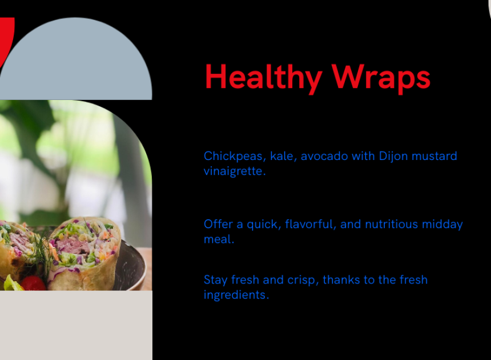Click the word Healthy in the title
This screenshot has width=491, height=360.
[263, 78]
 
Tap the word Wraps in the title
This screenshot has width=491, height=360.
[381, 78]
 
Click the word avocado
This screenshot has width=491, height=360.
[324, 156]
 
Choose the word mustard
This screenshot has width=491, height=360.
[434, 156]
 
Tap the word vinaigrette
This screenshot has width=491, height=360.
[235, 171]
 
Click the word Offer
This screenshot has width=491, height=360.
[218, 224]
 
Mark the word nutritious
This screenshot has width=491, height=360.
[392, 224]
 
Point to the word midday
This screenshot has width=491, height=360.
[442, 225]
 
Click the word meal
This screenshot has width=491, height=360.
[219, 239]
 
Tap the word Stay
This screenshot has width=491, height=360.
[215, 280]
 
